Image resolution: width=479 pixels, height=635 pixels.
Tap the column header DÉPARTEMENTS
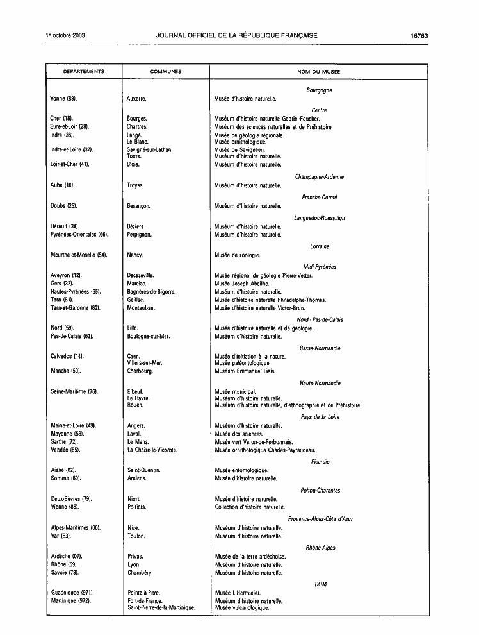[83, 72]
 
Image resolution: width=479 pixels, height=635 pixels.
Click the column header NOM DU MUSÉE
[318, 72]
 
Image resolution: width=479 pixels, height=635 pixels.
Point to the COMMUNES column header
[165, 72]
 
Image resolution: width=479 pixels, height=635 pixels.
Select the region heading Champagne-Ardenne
[319, 177]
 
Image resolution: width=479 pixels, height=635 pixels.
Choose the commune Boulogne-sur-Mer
[150, 336]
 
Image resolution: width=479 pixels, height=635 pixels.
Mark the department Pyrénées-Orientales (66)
[79, 235]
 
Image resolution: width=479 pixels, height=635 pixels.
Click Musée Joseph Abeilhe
[242, 284]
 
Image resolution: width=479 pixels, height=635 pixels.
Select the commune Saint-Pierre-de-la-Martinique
[161, 607]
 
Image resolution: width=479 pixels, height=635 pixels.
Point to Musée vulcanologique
[242, 607]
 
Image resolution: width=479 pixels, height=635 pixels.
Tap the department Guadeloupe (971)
[71, 593]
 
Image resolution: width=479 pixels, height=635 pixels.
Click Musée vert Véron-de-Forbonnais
[254, 442]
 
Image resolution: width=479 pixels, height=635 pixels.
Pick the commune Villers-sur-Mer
[145, 363]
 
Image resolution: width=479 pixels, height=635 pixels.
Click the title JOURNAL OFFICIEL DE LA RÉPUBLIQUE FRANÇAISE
[236, 35]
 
